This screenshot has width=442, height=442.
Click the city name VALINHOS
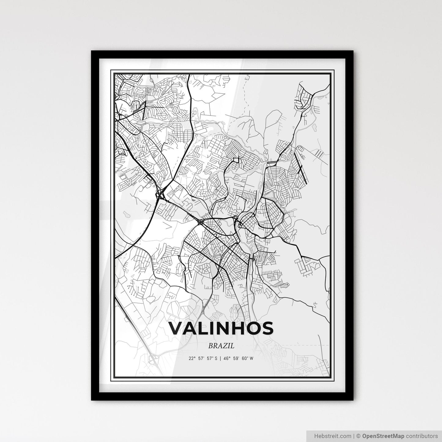tap(221, 328)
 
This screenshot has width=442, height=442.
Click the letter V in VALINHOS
tap(176, 328)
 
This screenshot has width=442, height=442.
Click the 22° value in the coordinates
tap(192, 358)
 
